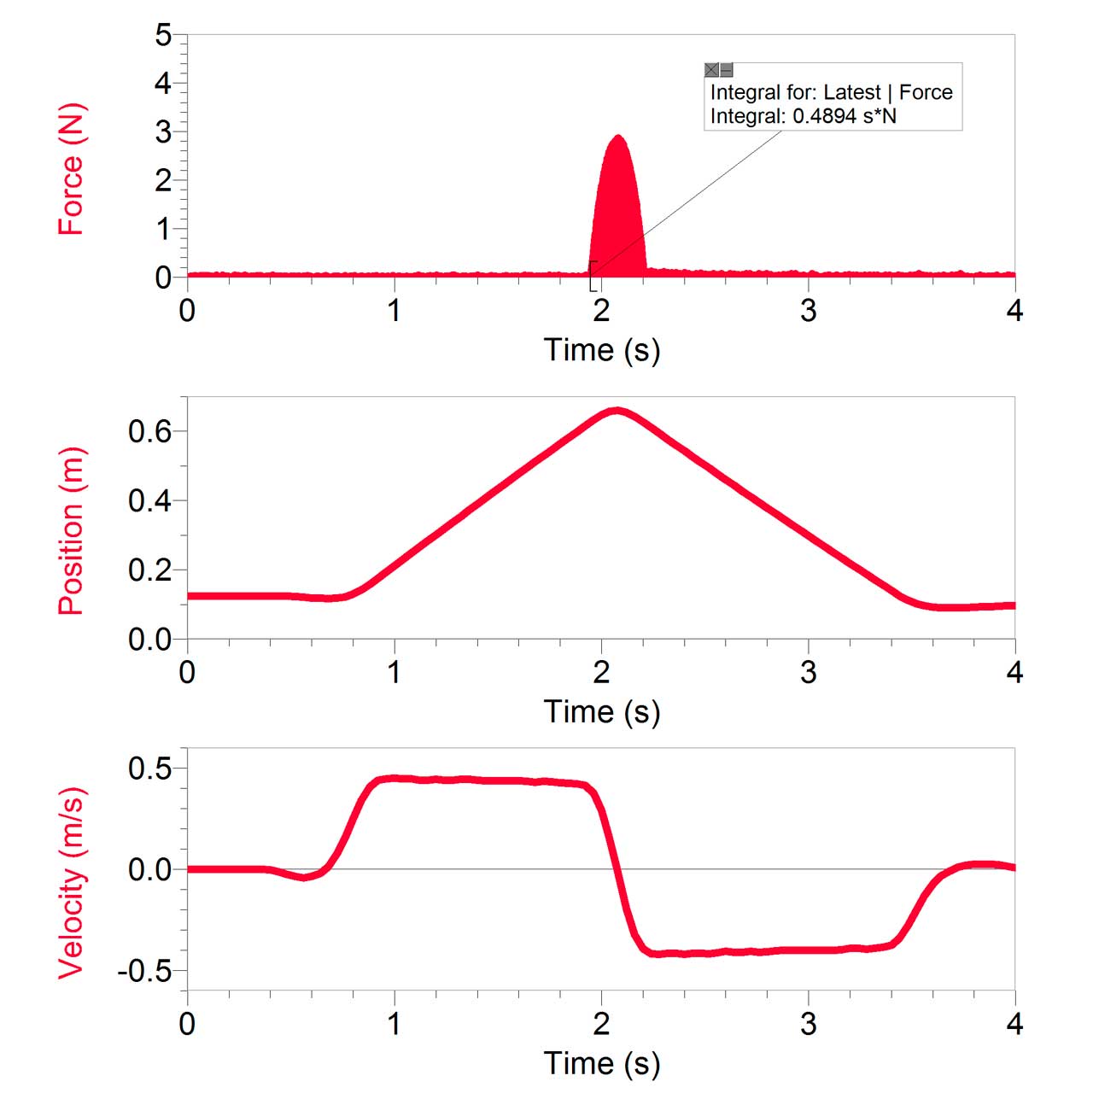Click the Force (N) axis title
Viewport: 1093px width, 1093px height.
click(x=71, y=169)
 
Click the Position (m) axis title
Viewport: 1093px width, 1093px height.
click(x=71, y=530)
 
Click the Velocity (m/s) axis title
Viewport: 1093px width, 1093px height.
click(x=71, y=882)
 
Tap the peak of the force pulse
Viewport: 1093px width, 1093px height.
click(x=617, y=137)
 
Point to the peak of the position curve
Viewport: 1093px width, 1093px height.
click(x=617, y=411)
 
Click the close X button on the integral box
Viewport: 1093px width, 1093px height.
click(x=711, y=70)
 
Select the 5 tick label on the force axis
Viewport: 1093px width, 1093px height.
click(x=163, y=36)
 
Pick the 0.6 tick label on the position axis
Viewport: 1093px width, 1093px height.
click(x=149, y=431)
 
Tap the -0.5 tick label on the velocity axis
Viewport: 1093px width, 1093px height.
click(x=144, y=972)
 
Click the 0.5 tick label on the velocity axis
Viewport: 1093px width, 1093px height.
click(x=149, y=769)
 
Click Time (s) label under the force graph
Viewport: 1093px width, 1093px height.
click(x=602, y=350)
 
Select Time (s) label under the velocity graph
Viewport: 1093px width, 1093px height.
click(x=602, y=1063)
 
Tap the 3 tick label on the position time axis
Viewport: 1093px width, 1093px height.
click(x=808, y=673)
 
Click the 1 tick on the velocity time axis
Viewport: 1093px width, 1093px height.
click(x=395, y=1023)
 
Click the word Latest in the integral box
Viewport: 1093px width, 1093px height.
click(x=851, y=92)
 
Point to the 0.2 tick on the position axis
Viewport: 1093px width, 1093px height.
click(x=149, y=570)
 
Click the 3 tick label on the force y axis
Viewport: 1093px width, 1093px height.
click(x=163, y=132)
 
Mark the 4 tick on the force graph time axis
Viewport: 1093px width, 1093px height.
click(x=1014, y=311)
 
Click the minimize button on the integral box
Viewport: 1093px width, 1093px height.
click(x=727, y=70)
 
